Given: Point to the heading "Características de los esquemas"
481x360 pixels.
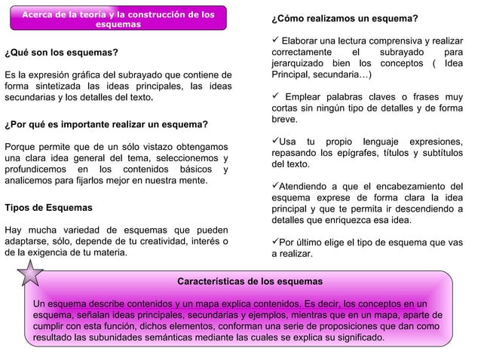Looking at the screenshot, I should pyautogui.click(x=250, y=281).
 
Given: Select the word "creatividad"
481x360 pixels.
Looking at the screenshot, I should pyautogui.click(x=159, y=241).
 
